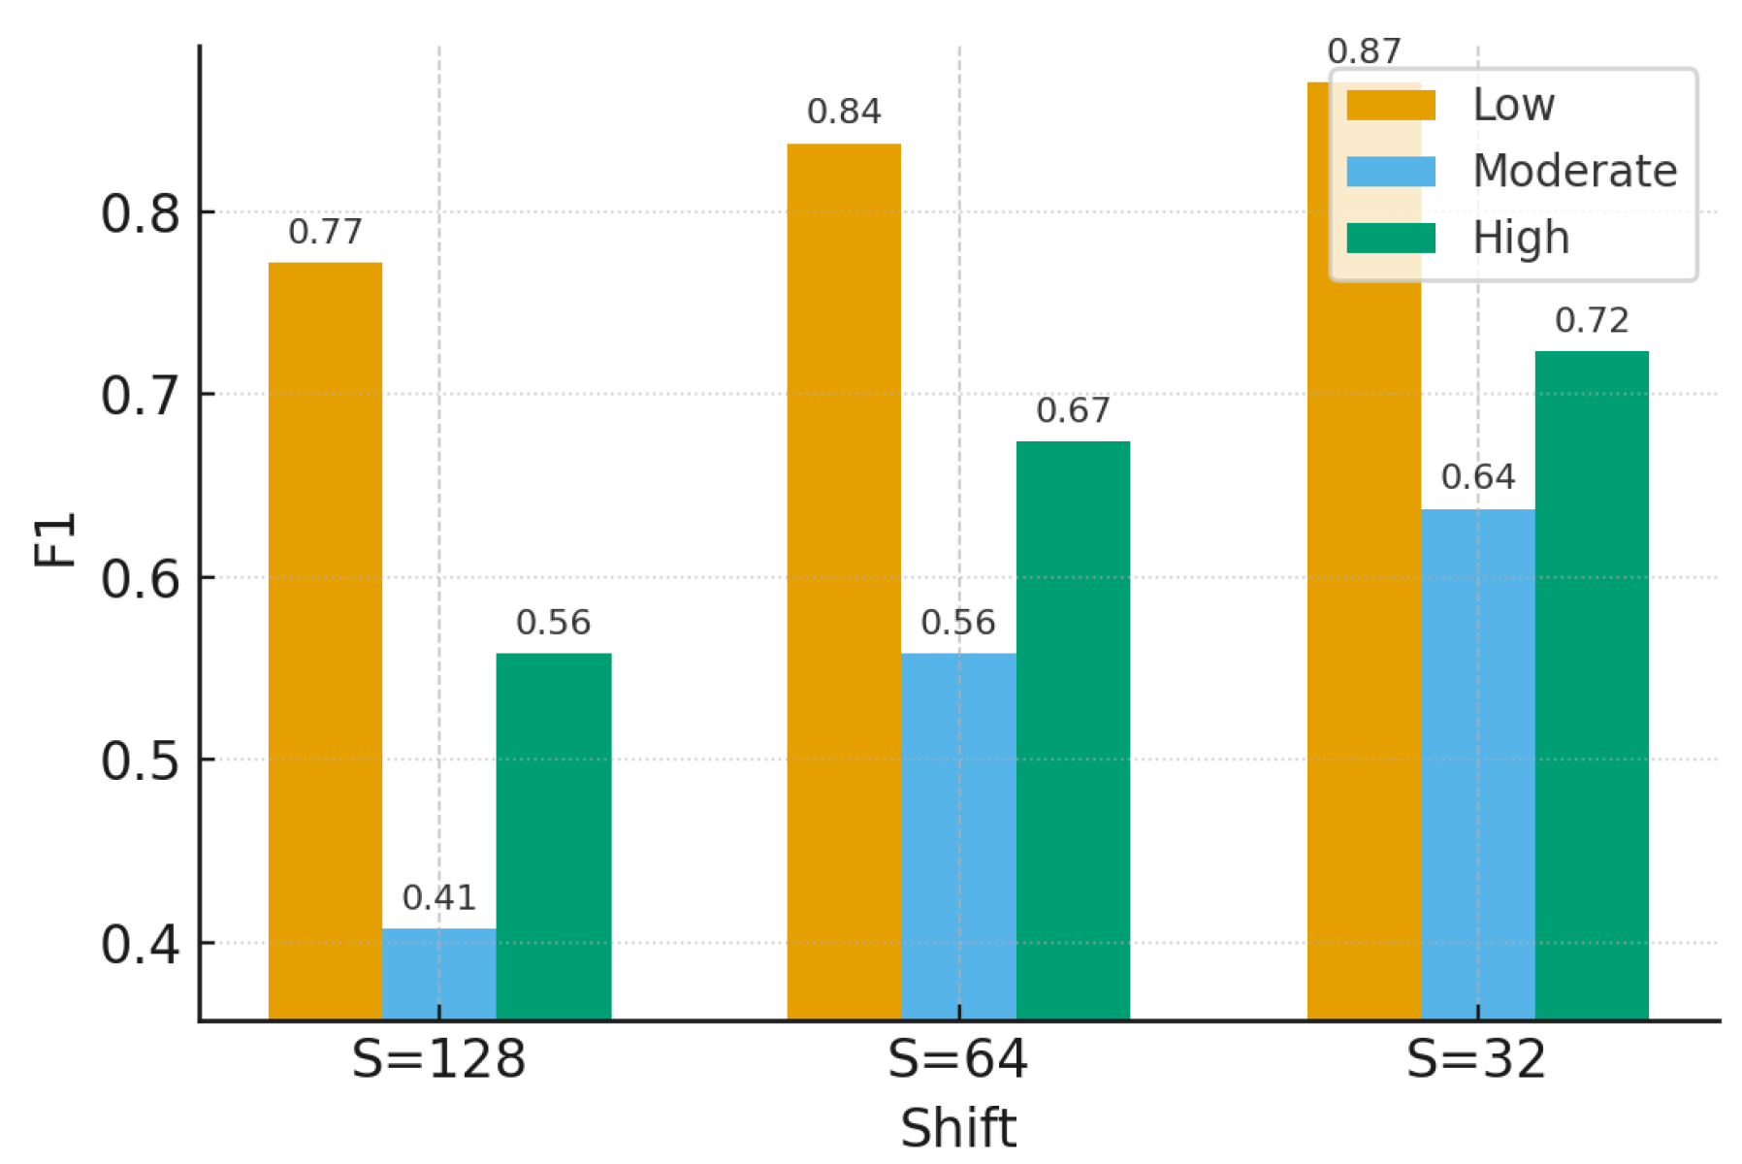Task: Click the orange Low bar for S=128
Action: [x=325, y=640]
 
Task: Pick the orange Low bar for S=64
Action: [x=844, y=582]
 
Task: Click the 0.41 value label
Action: [x=438, y=898]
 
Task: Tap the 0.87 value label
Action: [x=1364, y=51]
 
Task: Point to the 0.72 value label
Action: [x=1592, y=320]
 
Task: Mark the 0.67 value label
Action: [x=1073, y=410]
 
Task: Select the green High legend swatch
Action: [x=1390, y=238]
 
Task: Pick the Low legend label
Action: [x=1513, y=105]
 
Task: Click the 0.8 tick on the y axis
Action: [x=141, y=213]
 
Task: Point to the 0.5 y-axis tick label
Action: [x=141, y=761]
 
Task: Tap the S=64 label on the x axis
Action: [x=957, y=1059]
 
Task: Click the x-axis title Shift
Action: [x=957, y=1128]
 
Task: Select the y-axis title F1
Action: [x=55, y=539]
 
